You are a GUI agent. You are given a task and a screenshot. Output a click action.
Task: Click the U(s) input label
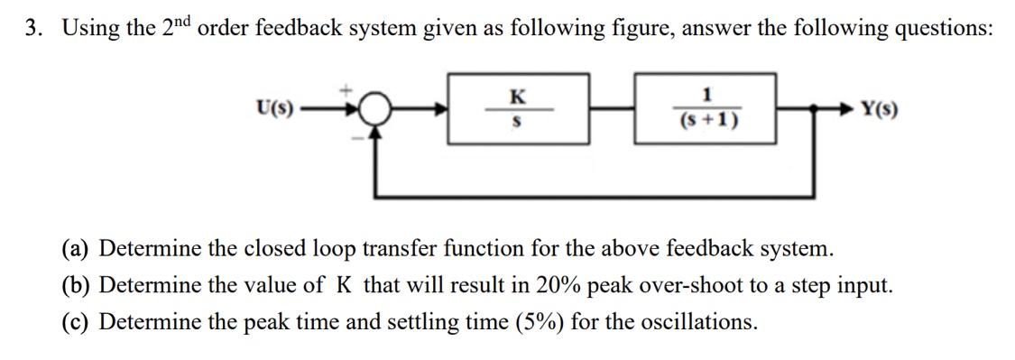(273, 110)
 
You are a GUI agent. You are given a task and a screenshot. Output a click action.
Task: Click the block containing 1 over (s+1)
(706, 110)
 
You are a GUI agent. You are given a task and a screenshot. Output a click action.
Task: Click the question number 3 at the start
(32, 28)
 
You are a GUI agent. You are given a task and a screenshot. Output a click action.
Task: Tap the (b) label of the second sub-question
(78, 285)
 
